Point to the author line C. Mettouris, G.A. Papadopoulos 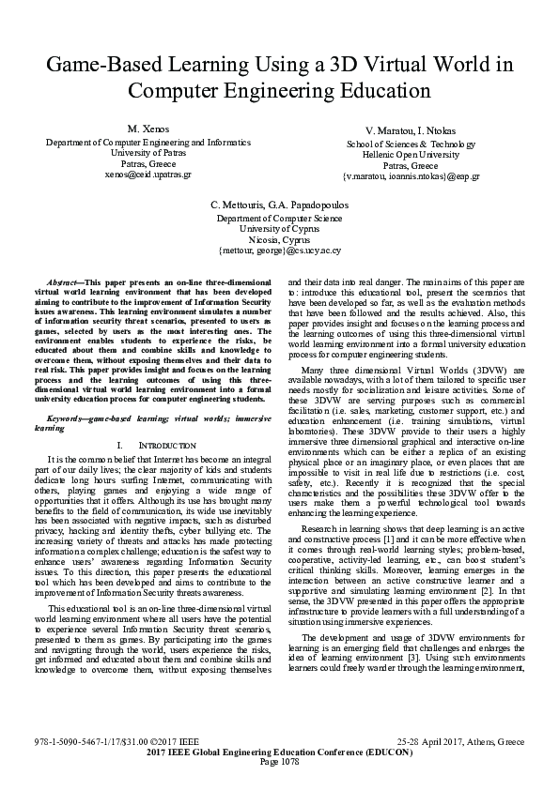pyautogui.click(x=279, y=204)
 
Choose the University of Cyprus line pyautogui.click(x=279, y=228)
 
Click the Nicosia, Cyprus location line pyautogui.click(x=279, y=239)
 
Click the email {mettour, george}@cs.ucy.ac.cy pyautogui.click(x=279, y=251)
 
